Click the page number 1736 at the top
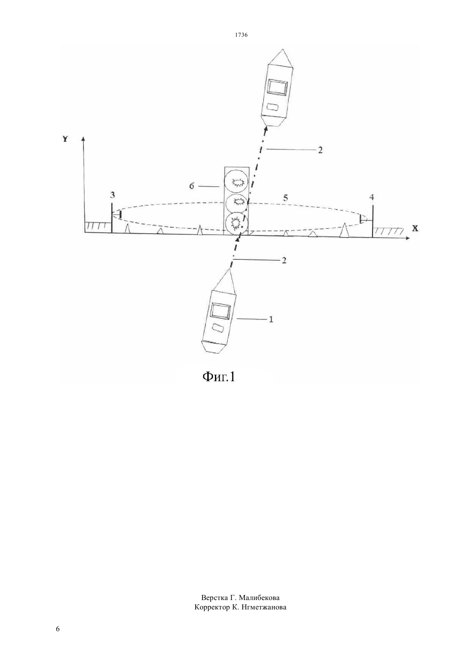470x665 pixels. [241, 35]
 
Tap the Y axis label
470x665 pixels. [65, 138]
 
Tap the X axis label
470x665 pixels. [415, 228]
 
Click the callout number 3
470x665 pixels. [112, 195]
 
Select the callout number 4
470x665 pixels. [371, 197]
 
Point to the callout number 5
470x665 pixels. [285, 198]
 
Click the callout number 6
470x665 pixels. [192, 186]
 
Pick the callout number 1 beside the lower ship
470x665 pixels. [270, 319]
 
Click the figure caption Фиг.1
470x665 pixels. [219, 377]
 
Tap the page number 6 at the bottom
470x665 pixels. [58, 629]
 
